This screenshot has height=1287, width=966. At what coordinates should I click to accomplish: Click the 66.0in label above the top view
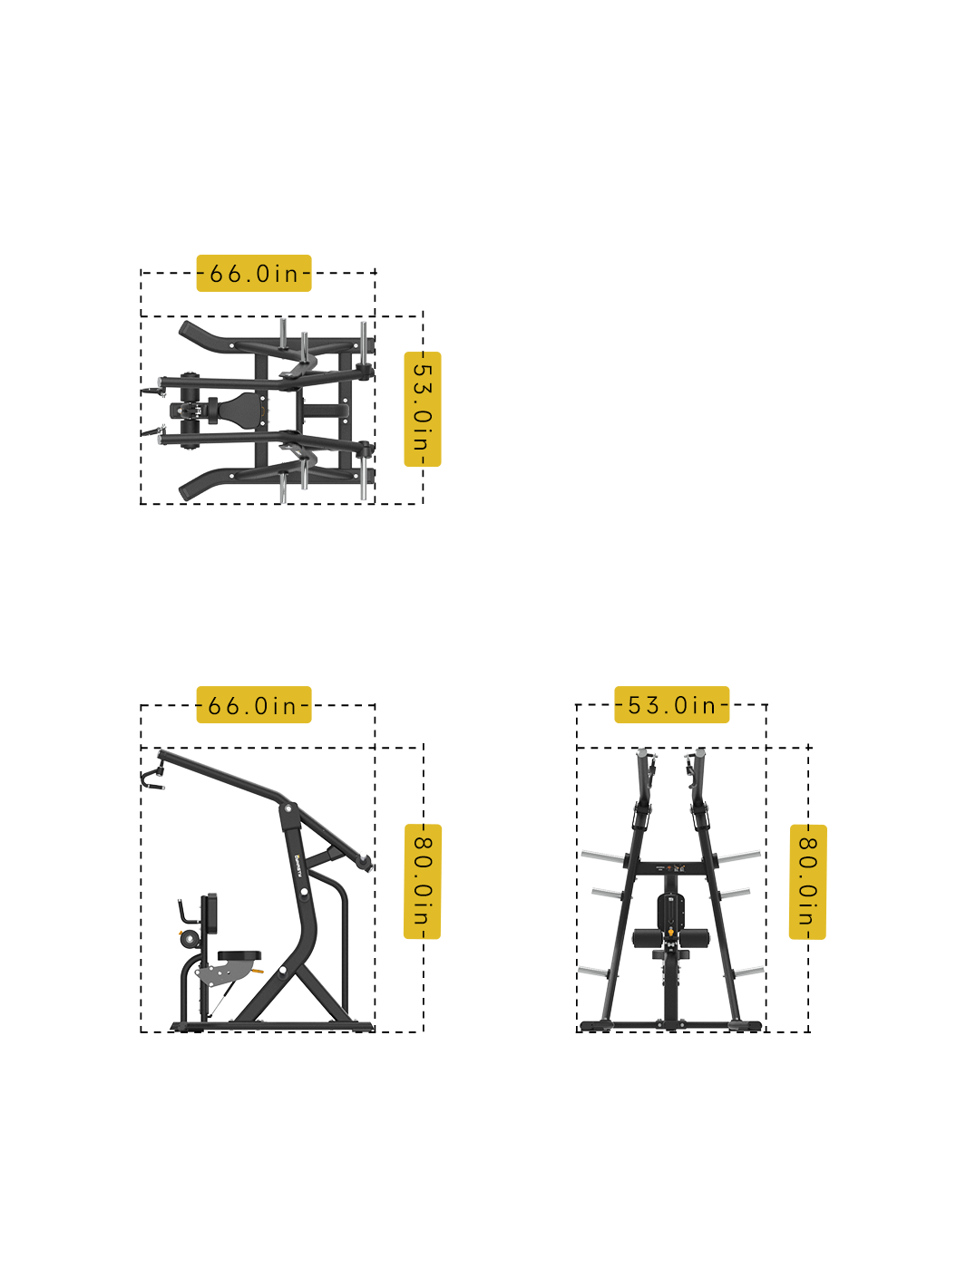point(254,273)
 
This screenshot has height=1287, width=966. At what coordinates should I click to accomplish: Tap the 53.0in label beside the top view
point(422,409)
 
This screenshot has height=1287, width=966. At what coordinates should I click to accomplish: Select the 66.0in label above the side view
point(254,705)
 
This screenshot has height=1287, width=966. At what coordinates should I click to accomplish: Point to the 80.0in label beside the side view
point(423,881)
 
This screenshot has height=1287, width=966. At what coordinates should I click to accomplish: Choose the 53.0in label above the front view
point(671,705)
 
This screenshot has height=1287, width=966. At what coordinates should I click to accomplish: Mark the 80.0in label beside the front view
point(807,881)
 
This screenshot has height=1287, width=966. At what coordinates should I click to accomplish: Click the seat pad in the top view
point(240,410)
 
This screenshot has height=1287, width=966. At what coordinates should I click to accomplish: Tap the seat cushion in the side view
point(239,956)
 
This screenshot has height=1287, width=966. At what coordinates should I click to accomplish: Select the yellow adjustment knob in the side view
point(259,972)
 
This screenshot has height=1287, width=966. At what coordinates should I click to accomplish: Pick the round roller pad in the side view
point(189,939)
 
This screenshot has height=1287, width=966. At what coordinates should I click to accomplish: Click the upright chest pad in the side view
point(210,914)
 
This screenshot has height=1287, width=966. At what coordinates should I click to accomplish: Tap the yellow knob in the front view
point(670,931)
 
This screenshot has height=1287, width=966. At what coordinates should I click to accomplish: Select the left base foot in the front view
point(595,1025)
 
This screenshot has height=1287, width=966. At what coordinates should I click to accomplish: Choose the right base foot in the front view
point(746,1025)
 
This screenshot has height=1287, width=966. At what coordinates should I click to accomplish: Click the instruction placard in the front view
point(670,868)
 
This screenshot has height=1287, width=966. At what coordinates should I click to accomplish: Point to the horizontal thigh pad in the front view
point(670,938)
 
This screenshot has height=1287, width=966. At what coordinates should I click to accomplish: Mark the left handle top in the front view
point(643,754)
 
